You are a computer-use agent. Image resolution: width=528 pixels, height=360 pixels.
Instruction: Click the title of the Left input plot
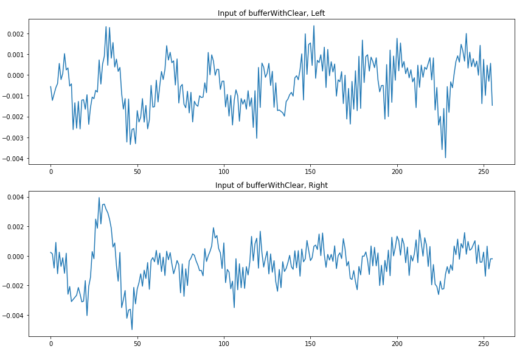[271, 13]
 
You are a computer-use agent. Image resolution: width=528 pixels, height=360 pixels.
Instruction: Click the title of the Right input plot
[271, 185]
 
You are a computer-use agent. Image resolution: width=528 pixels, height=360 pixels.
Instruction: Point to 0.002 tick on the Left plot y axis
[15, 33]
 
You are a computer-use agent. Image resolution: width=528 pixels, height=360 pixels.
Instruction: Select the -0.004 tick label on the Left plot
[13, 159]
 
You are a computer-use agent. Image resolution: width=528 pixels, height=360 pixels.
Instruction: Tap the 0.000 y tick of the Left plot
[15, 75]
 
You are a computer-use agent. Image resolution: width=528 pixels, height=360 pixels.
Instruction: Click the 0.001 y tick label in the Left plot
[15, 55]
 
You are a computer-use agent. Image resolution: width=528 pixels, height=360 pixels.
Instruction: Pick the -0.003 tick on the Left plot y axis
[13, 138]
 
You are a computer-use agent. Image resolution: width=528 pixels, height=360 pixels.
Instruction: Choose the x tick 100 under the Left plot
[224, 171]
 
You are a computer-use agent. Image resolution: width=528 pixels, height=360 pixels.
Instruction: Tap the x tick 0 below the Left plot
[50, 171]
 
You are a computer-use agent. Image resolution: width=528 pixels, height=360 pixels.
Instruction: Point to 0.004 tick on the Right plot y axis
[15, 197]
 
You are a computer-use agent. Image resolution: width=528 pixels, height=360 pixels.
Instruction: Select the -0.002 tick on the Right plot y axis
[13, 286]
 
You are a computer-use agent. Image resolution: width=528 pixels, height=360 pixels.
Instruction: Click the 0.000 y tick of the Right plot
[15, 257]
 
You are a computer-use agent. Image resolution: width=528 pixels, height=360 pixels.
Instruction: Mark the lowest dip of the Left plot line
[445, 157]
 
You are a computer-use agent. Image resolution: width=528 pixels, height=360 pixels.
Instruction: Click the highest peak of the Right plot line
[99, 198]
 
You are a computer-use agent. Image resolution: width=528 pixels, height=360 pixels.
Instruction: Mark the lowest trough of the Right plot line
[132, 330]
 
